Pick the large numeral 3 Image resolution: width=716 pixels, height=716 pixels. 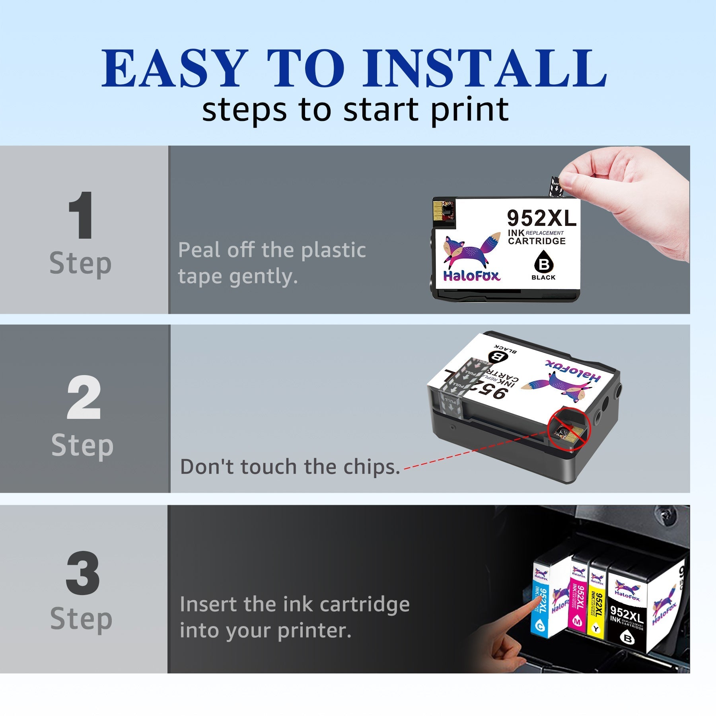pyautogui.click(x=82, y=573)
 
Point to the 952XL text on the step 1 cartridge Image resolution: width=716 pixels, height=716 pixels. pyautogui.click(x=541, y=218)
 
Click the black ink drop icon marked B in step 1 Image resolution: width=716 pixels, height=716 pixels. pyautogui.click(x=543, y=263)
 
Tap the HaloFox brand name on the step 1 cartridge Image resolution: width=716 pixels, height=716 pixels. pyautogui.click(x=472, y=276)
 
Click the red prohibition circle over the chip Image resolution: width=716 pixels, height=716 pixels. pyautogui.click(x=569, y=429)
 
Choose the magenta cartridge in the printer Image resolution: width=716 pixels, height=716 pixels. pyautogui.click(x=579, y=601)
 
